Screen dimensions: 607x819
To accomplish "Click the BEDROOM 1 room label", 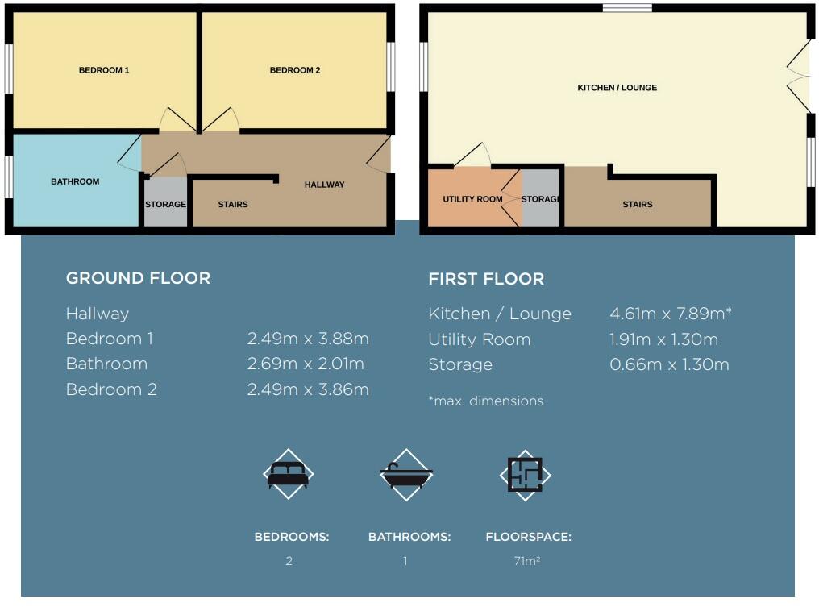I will pyautogui.click(x=104, y=70).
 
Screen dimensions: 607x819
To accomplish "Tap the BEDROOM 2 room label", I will pyautogui.click(x=295, y=70).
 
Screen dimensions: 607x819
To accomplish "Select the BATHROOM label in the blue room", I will pyautogui.click(x=75, y=181).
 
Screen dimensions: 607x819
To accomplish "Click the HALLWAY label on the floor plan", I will pyautogui.click(x=324, y=185).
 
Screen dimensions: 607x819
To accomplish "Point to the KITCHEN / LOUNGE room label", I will pyautogui.click(x=617, y=87).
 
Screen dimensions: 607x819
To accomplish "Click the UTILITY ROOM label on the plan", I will pyautogui.click(x=472, y=199).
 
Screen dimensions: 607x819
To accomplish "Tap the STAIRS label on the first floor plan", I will pyautogui.click(x=638, y=204).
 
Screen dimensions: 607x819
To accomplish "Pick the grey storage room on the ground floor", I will pyautogui.click(x=165, y=204).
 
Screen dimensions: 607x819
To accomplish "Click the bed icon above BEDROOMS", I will pyautogui.click(x=288, y=474).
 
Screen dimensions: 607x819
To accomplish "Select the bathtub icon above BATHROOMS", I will pyautogui.click(x=406, y=474).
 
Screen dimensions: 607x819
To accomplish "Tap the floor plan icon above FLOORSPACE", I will pyautogui.click(x=525, y=474).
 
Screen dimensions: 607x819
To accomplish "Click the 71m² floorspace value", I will pyautogui.click(x=526, y=561).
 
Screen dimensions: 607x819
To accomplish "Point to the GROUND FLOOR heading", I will pyautogui.click(x=138, y=278).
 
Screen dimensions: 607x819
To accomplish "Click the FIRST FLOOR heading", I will pyautogui.click(x=486, y=279).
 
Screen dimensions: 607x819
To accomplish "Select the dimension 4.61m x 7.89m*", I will pyautogui.click(x=671, y=314).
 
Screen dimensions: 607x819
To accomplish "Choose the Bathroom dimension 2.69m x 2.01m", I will pyautogui.click(x=306, y=364).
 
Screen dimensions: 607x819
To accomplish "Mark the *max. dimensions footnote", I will pyautogui.click(x=486, y=401).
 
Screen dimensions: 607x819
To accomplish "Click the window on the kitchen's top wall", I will pyautogui.click(x=627, y=8).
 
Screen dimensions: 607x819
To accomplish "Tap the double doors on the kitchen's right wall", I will pyautogui.click(x=800, y=77).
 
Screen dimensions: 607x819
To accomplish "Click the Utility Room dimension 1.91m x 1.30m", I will pyautogui.click(x=664, y=339).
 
